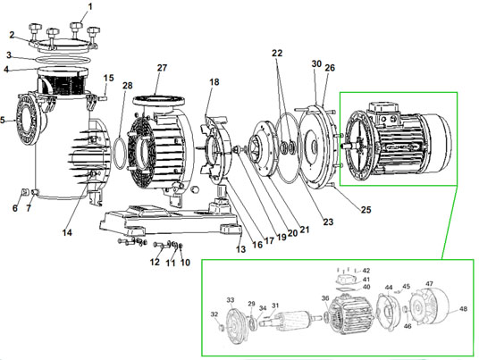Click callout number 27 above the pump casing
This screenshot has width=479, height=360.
point(162,68)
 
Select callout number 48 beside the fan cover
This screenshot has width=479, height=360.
point(463,309)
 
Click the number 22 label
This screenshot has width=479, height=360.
point(278,54)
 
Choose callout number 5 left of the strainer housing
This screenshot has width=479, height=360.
point(4,121)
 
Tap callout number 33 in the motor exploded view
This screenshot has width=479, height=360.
point(230,300)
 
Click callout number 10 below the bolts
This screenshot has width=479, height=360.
point(186,263)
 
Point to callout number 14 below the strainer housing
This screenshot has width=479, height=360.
point(66,232)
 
